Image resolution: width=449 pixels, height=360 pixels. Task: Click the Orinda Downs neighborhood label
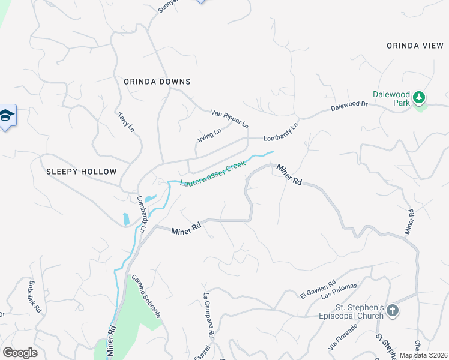157,82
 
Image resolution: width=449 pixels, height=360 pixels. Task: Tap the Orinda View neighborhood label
415,46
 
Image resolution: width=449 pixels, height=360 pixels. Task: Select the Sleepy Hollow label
81,172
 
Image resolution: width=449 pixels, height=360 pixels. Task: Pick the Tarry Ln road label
126,122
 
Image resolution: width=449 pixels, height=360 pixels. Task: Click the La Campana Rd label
208,314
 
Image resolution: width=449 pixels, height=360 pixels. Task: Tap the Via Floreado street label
343,336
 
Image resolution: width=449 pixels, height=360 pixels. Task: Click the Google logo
20,353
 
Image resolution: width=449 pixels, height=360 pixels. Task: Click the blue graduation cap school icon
6,116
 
